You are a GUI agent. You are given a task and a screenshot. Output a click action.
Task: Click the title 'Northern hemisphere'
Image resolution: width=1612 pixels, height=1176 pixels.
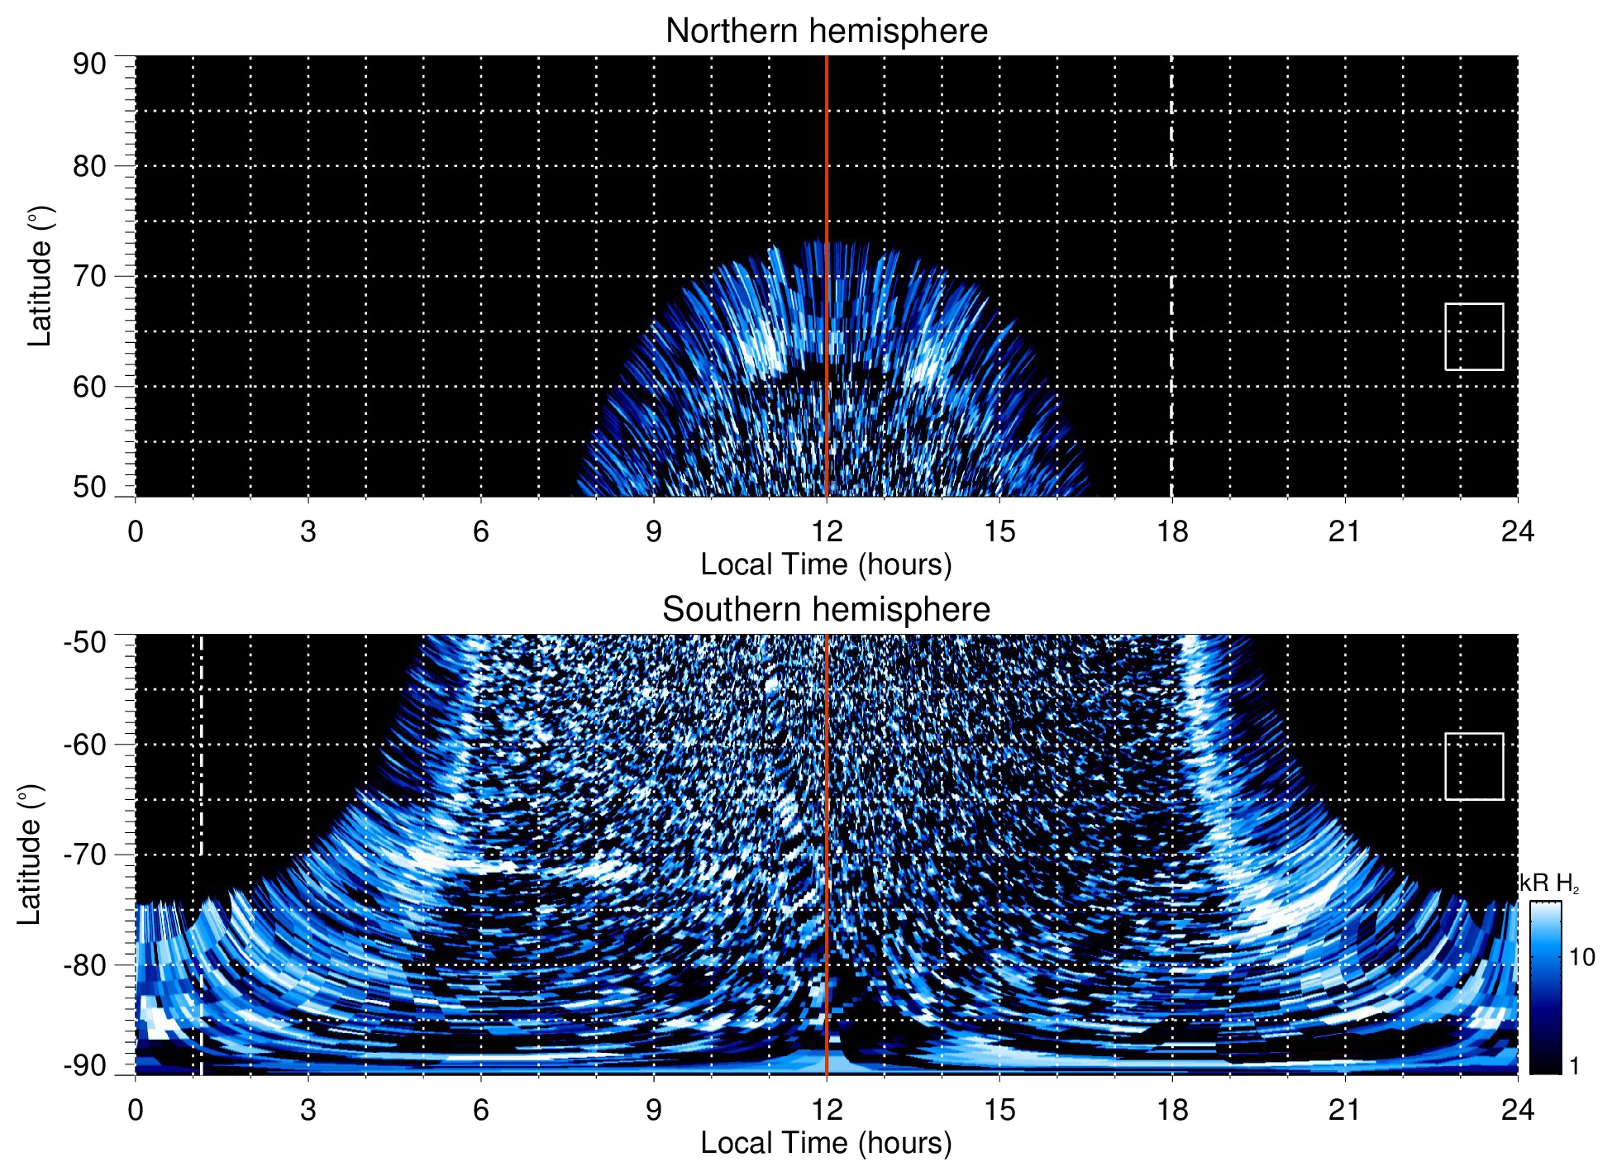(x=826, y=31)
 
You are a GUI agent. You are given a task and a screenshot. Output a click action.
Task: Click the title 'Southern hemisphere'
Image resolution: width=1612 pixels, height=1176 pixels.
(x=826, y=610)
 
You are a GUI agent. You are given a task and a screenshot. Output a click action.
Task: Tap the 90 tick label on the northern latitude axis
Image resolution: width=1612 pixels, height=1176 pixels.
(x=89, y=64)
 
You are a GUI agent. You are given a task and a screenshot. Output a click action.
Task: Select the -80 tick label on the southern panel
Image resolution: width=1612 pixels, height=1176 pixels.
(x=85, y=964)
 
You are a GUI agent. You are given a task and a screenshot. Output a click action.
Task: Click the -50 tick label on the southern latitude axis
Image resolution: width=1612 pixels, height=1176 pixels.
(x=85, y=642)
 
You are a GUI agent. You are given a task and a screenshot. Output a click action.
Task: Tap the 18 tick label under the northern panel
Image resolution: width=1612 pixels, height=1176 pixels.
(x=1171, y=531)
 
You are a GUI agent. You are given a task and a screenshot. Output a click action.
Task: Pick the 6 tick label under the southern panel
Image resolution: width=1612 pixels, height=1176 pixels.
(x=481, y=1110)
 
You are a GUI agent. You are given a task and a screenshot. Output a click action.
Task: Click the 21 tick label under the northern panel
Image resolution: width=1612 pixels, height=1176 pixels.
(x=1344, y=531)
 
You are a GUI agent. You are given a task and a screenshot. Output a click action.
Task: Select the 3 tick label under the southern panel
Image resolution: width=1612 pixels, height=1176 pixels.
(x=308, y=1110)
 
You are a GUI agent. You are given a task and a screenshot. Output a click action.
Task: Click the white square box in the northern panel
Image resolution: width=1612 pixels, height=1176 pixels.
(x=1474, y=336)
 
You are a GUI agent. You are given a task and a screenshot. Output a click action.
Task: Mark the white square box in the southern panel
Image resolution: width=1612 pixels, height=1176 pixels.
(x=1474, y=766)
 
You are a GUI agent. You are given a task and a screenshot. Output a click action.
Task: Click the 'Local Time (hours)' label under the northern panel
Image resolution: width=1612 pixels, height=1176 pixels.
(x=826, y=564)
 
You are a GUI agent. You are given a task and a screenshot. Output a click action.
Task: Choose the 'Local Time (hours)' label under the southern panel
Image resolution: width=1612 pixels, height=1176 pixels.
(x=826, y=1143)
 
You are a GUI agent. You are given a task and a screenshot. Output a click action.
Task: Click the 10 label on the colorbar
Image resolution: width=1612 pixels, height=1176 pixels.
(x=1581, y=957)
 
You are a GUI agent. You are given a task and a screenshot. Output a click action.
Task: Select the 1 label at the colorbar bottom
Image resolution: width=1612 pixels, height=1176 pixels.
(x=1574, y=1066)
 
